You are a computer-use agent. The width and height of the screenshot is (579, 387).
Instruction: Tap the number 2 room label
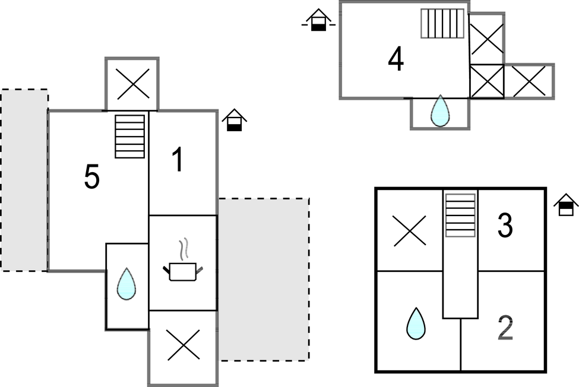coord(505,328)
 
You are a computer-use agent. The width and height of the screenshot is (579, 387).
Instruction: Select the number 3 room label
coord(505,226)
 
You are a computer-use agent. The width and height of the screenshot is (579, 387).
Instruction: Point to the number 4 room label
coord(396,59)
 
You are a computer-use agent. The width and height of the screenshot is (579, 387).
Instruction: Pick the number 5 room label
coord(91,177)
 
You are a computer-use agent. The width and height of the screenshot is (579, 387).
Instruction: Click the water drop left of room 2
coord(416,323)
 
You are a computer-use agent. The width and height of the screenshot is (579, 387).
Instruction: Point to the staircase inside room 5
coord(130,137)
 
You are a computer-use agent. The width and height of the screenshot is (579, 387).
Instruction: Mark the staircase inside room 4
coord(442,24)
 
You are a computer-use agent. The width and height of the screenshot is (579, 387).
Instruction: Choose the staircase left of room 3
coord(460,215)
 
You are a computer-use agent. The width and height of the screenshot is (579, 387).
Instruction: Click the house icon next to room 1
coord(235,120)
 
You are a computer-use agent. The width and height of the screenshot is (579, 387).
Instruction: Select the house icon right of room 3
coord(566,205)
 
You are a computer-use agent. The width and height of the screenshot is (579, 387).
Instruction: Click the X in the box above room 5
coord(132,84)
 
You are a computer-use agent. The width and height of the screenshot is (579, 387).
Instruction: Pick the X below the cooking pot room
coord(183,345)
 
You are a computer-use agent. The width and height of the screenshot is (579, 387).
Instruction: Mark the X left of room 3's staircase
coord(410,230)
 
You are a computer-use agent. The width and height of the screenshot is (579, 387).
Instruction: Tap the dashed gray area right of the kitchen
coord(263,279)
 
